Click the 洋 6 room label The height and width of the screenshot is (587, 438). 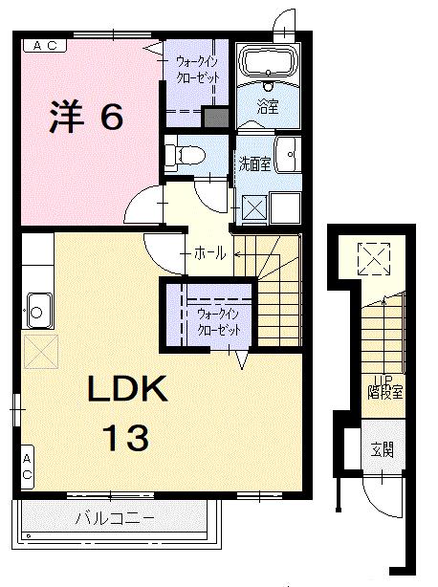pos(87,118)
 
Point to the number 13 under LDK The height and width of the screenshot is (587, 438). pos(126,438)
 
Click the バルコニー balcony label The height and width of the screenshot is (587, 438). pos(115,518)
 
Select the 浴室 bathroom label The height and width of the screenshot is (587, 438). pos(267,109)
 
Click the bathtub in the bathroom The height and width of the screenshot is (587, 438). pos(268,63)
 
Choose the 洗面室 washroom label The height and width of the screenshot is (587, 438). pos(253,163)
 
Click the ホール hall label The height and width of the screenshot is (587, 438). pos(209,253)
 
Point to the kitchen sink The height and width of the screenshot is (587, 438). pos(39,309)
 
